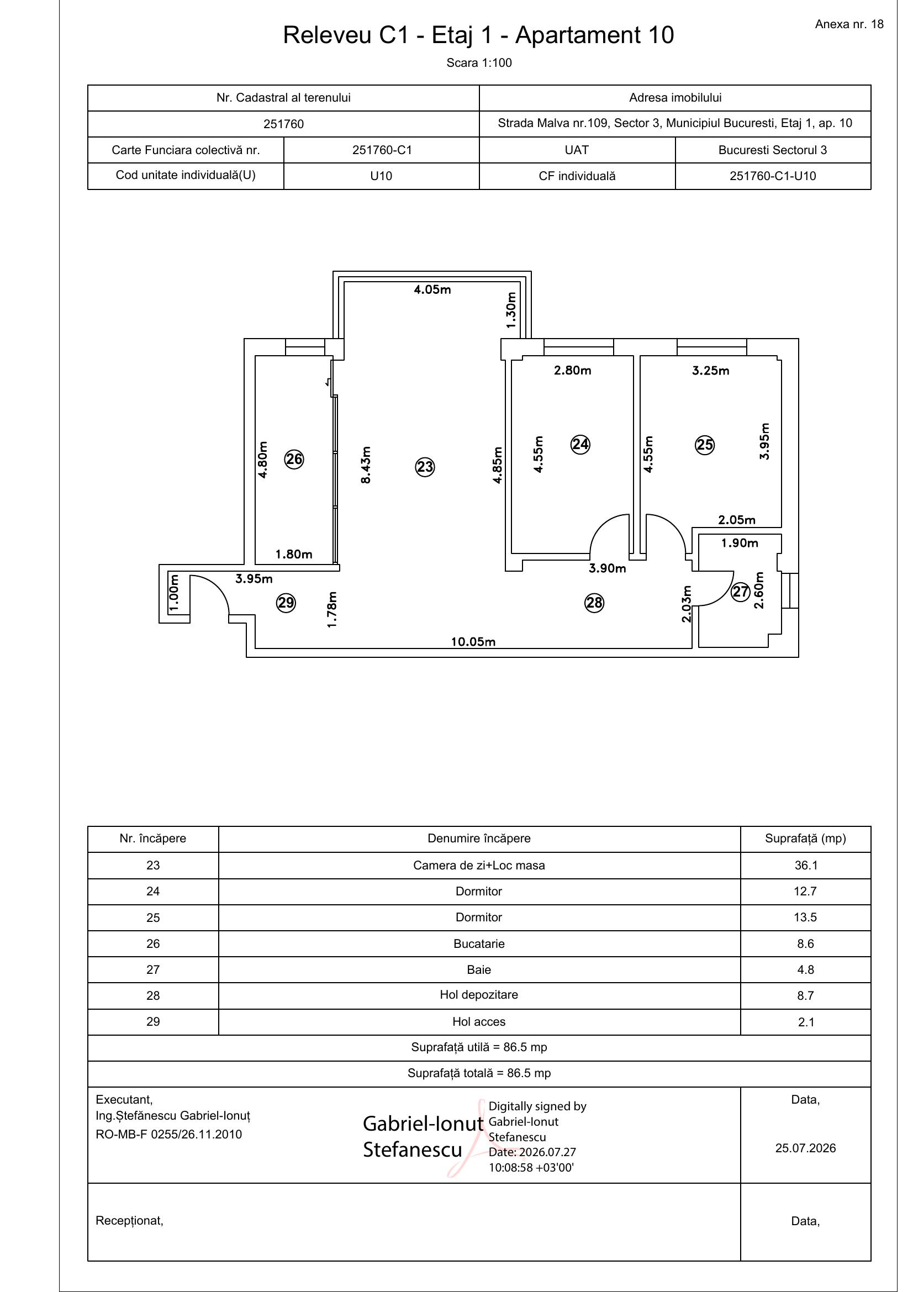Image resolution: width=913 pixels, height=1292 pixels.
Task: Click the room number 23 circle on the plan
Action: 425,467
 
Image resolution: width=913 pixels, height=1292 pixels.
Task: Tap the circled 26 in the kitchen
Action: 294,459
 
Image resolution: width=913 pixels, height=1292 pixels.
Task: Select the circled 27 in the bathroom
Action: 740,592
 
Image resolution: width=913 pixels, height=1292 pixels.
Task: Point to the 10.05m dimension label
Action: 473,642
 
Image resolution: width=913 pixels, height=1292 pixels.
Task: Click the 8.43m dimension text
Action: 366,465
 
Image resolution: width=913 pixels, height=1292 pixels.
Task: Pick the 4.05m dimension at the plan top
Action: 432,290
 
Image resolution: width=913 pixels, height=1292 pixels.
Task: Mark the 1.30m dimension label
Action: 511,310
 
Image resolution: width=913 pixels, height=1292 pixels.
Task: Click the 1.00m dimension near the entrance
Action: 174,592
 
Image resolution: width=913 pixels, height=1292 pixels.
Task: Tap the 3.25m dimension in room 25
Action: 710,371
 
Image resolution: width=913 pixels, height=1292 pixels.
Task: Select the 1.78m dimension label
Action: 332,609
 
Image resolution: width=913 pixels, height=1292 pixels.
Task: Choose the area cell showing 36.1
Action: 805,866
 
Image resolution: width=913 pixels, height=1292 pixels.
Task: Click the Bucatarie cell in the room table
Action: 479,943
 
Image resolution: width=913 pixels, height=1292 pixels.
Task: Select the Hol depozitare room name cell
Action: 479,995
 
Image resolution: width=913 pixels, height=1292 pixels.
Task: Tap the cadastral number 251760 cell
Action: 283,124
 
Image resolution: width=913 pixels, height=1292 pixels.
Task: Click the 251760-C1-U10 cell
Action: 773,176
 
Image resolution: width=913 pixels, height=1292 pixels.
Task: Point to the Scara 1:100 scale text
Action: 479,63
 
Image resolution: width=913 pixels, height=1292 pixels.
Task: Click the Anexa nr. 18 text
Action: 849,24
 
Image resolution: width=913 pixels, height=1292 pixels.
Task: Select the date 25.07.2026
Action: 805,1148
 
